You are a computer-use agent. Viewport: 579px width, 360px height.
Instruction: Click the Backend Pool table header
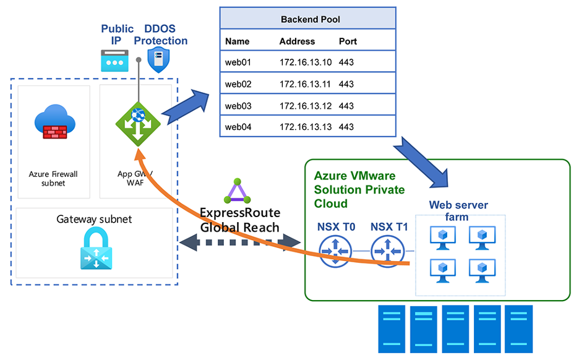pos(307,19)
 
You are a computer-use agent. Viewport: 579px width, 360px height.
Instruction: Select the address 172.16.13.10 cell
pos(306,62)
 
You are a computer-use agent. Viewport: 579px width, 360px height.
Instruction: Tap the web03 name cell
pos(238,106)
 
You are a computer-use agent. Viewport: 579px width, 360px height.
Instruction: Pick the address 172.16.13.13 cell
pos(306,127)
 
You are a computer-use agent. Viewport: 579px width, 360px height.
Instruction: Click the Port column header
pos(348,41)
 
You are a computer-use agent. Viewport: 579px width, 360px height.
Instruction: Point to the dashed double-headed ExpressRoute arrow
pos(241,243)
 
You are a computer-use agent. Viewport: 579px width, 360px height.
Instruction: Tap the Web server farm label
pos(458,211)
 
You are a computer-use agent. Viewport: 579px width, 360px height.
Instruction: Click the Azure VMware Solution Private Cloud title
pos(359,189)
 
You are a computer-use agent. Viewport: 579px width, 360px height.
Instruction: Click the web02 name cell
pos(238,84)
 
